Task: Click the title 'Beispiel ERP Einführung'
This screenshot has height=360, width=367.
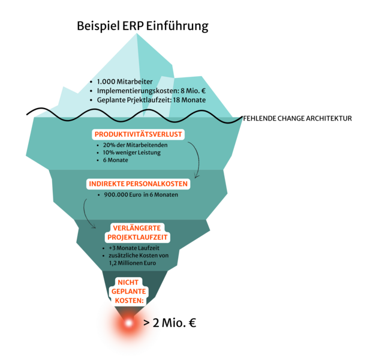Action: coord(143,26)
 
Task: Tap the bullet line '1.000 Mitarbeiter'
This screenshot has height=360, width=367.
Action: coord(125,82)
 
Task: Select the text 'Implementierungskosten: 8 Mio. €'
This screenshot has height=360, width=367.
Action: coord(151,91)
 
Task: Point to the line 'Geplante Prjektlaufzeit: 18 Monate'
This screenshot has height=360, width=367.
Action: coord(151,100)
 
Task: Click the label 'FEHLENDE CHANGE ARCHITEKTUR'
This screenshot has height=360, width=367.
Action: coord(297,119)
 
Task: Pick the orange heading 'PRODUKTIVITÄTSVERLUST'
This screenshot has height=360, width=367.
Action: coord(138,134)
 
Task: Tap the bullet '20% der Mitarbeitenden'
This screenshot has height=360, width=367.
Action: coord(135,145)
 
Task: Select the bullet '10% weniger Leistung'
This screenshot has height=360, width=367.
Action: coord(131,152)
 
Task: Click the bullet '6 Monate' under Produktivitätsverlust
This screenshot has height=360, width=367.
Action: coord(115,160)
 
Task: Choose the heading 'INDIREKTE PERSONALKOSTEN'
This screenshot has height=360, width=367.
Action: coord(138,184)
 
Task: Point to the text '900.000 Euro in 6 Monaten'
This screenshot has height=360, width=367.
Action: coord(141,194)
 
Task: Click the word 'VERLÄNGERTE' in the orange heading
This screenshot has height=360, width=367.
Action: coord(137,228)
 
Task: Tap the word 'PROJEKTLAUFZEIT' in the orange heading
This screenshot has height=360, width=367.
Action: coord(137,237)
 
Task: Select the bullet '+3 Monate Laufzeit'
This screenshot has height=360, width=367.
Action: coord(134,248)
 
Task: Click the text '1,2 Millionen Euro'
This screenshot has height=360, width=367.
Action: coord(133,263)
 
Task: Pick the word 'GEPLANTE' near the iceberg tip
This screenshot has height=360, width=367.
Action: coord(128,292)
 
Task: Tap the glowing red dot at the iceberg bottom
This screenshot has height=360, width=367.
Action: coord(128,323)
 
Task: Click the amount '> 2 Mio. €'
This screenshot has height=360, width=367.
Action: coord(170,323)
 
